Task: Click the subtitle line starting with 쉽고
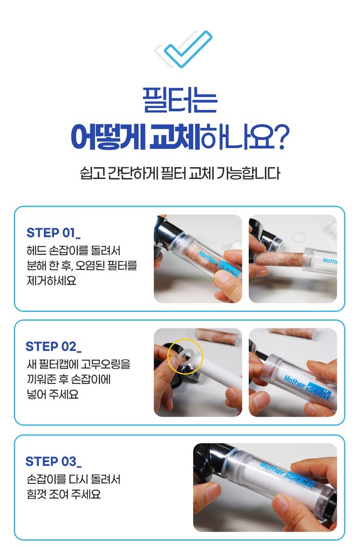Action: point(180,173)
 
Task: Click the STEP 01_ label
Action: point(53,233)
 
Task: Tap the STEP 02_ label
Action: point(53,346)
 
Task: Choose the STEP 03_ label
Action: point(53,461)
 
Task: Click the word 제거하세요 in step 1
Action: point(51,280)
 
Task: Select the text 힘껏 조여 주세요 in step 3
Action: point(63,494)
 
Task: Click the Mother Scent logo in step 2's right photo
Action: point(307,387)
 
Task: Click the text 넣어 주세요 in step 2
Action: point(53,394)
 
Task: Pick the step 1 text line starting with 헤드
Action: point(73,251)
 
